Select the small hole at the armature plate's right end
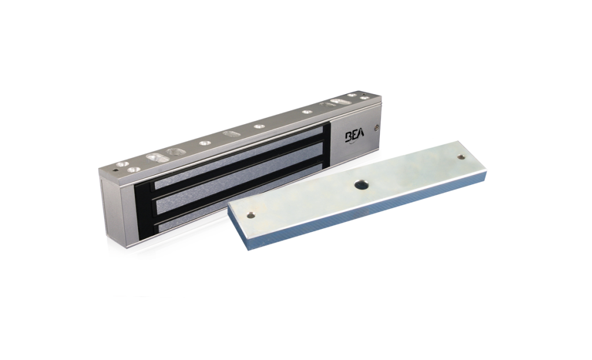[461, 156]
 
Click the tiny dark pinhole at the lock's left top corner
[115, 169]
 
